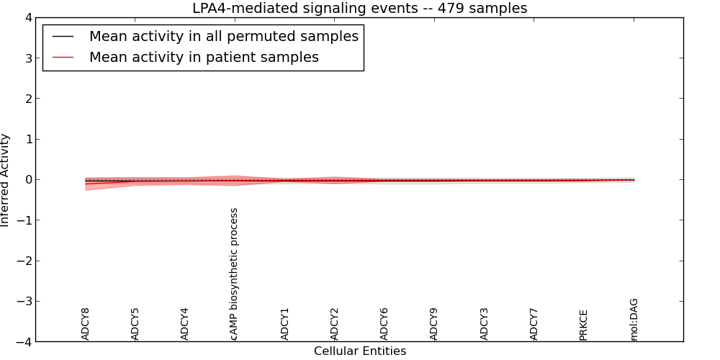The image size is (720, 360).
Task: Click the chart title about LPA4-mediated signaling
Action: (x=359, y=9)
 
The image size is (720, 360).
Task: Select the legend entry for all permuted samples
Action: (x=223, y=36)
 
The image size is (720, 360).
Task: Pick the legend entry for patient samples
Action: (x=204, y=58)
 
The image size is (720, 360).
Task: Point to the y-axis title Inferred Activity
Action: (x=6, y=180)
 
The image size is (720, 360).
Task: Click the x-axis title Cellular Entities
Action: (x=359, y=351)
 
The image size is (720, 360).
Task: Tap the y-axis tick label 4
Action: (x=27, y=18)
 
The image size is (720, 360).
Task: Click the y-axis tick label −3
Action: (x=24, y=302)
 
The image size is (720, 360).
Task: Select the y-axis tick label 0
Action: (x=27, y=180)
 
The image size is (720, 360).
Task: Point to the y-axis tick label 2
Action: (x=27, y=99)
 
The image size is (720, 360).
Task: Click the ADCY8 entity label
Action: (x=86, y=324)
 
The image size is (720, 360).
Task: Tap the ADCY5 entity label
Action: (x=135, y=324)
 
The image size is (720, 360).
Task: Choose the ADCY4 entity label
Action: (x=185, y=324)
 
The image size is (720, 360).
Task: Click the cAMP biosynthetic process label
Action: (x=234, y=274)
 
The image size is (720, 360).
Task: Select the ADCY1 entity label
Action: (x=285, y=324)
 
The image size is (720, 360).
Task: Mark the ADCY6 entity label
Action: (x=384, y=324)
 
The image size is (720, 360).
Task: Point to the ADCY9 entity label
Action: (x=434, y=324)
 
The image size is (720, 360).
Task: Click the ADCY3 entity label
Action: (x=485, y=324)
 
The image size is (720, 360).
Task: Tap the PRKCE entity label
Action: (x=584, y=325)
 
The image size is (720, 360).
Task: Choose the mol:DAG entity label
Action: (x=634, y=320)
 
